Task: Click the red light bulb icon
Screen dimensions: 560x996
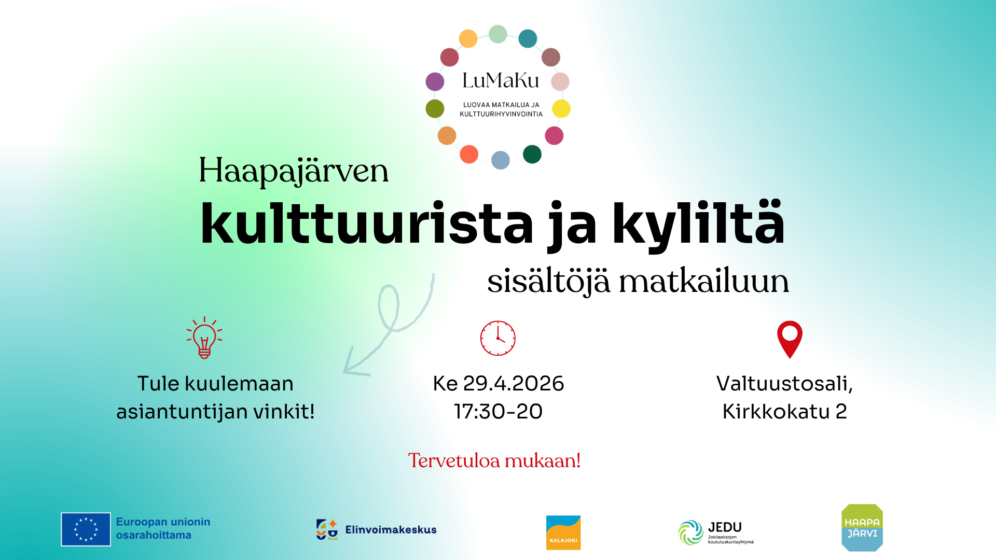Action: pyautogui.click(x=204, y=338)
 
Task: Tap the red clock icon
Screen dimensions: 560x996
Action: pyautogui.click(x=497, y=338)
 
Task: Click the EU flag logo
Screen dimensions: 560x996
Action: pyautogui.click(x=86, y=529)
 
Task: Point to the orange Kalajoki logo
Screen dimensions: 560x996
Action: pyautogui.click(x=563, y=533)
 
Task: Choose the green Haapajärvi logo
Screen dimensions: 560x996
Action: pyautogui.click(x=862, y=527)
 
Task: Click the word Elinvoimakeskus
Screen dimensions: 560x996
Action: pyautogui.click(x=391, y=530)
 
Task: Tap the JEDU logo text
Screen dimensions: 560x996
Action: pyautogui.click(x=725, y=527)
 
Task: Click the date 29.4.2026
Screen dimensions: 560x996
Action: pyautogui.click(x=513, y=384)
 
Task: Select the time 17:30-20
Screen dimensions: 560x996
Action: pyautogui.click(x=498, y=412)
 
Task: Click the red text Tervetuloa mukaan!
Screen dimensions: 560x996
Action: pyautogui.click(x=494, y=460)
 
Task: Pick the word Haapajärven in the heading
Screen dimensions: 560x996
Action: pyautogui.click(x=294, y=171)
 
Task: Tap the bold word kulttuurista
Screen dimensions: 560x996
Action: pyautogui.click(x=367, y=224)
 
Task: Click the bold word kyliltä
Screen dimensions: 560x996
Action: pyautogui.click(x=698, y=224)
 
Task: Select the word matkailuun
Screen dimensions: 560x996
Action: pyautogui.click(x=703, y=282)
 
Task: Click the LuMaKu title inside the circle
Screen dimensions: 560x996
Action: pyautogui.click(x=501, y=80)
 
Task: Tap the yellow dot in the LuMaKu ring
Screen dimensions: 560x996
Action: pyautogui.click(x=561, y=109)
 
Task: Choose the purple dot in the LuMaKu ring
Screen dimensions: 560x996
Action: pyautogui.click(x=435, y=81)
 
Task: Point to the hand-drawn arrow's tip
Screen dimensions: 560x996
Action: pyautogui.click(x=345, y=371)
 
